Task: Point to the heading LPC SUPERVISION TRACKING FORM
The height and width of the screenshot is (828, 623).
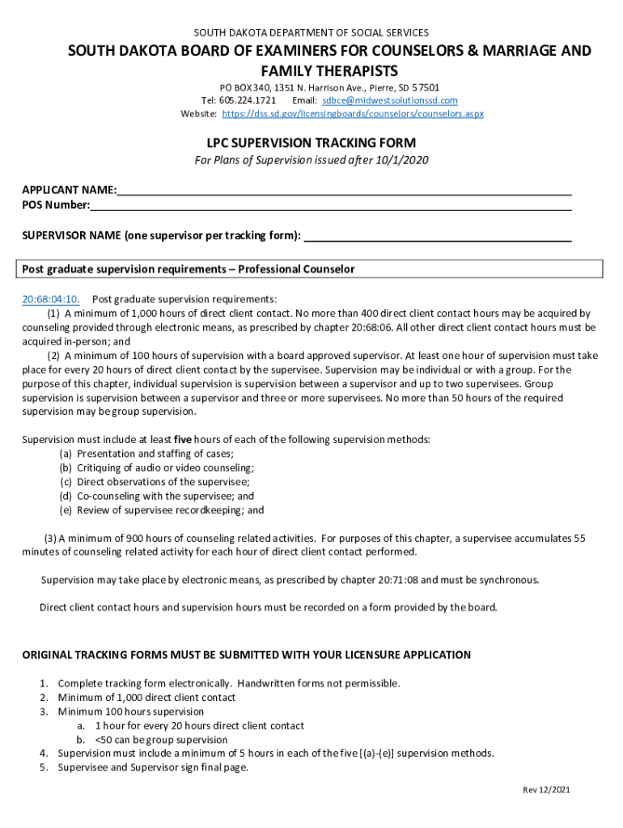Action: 311,142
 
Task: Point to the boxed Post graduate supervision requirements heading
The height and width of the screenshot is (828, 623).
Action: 189,269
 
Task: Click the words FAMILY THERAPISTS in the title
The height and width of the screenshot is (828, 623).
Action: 311,70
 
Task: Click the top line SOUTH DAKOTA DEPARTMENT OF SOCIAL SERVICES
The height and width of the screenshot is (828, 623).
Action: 311,32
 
